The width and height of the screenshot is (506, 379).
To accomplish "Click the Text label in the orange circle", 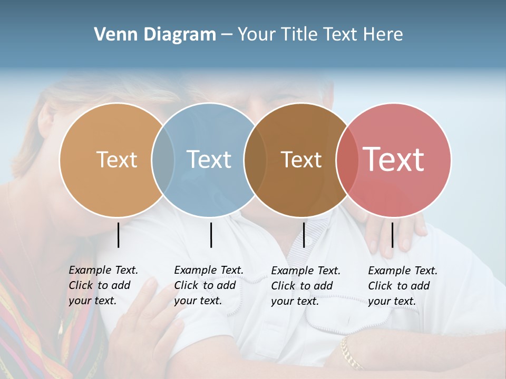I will coord(116,159).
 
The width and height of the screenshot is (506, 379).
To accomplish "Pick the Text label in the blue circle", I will coord(209,159).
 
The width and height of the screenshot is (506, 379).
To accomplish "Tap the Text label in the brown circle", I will coord(301,159).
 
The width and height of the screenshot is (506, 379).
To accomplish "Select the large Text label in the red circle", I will coord(394,159).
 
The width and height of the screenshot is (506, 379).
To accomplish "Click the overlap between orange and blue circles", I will coord(163,159).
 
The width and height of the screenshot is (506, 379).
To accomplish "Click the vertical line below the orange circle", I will coord(119,235).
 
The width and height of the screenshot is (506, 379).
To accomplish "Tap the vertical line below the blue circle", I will coord(211,235).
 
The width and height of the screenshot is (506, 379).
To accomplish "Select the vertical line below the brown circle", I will coord(304,235).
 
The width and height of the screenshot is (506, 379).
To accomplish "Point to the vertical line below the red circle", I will coord(392,235).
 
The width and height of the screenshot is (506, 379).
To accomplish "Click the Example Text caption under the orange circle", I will coord(103,285).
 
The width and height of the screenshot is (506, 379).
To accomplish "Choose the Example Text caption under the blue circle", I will coord(208,285).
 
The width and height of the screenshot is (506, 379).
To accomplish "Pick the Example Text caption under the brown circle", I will coord(305,286).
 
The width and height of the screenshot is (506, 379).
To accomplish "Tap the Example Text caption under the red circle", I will coord(402,286).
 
